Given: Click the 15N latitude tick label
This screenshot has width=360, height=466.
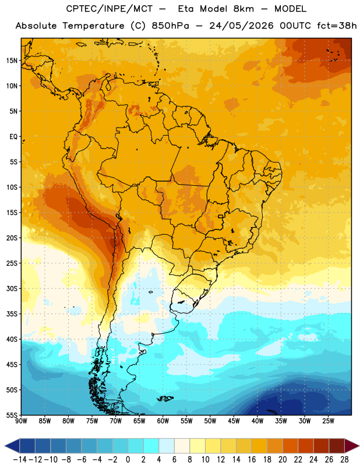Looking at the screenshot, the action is pos(12,61).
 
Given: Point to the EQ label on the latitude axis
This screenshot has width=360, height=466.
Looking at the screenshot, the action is pos(13,137).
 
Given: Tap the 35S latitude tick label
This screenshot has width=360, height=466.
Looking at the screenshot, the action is pos(12,314).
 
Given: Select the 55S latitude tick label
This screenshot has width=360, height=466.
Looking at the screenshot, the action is pos(12,415).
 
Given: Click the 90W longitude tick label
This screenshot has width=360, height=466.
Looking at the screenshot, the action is pos(21,421).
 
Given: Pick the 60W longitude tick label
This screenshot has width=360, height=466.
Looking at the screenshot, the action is pos(163,421).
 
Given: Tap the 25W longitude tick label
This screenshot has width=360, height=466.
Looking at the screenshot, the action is pos(328,421).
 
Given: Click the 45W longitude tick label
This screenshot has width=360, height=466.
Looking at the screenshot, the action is pos(234,421).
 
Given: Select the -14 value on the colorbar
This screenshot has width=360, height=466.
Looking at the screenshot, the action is pos(20,460).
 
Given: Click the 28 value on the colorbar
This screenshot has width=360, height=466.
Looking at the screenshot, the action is pos(344,460).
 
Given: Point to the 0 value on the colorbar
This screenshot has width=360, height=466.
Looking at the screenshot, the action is pos(128,460).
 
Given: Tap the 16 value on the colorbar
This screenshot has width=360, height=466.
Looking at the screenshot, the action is pos(252,460).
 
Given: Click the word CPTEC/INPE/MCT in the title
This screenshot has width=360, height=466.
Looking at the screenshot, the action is pos(110,9).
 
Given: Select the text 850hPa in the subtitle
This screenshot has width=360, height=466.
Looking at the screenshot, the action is pos(170,26).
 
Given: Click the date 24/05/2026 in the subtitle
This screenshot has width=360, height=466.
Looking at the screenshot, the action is pos(241,26).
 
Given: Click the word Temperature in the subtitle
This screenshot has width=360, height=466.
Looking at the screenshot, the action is pos(93,26).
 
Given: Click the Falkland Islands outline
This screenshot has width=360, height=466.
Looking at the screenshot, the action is pos(165,398).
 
